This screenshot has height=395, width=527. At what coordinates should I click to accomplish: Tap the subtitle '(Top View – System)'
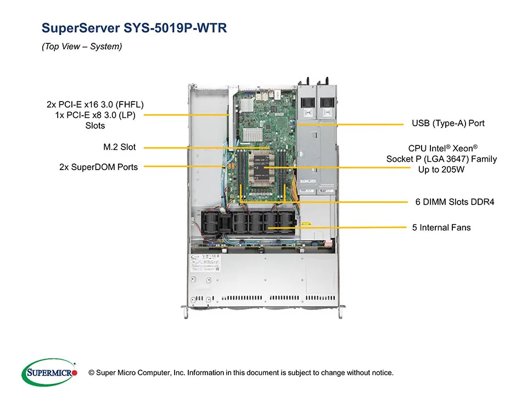tap(82, 47)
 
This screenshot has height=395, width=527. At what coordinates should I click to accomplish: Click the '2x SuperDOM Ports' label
tap(98, 167)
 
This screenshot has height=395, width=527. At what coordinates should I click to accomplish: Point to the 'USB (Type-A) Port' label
tap(448, 123)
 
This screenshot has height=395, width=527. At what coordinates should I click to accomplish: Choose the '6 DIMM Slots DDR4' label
tap(455, 202)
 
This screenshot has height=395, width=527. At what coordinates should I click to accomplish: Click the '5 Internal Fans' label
tap(441, 227)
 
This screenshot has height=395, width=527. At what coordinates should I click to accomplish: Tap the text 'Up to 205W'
tap(441, 170)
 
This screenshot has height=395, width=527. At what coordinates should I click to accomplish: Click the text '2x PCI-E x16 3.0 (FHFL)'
tap(95, 104)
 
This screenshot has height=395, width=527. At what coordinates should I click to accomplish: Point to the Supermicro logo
tap(49, 373)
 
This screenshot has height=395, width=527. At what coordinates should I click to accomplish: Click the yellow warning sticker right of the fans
tap(307, 224)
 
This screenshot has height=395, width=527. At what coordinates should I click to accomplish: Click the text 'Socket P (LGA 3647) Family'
tap(441, 159)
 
